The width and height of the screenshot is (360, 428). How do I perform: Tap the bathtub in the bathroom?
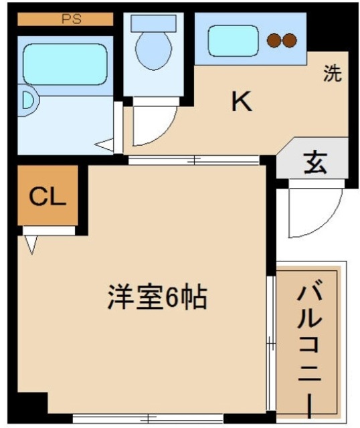pyautogui.click(x=65, y=64)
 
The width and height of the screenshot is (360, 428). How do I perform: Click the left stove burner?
pyautogui.click(x=273, y=40)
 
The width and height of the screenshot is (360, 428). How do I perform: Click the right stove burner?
pyautogui.click(x=289, y=40)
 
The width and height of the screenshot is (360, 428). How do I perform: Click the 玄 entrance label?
pyautogui.click(x=314, y=162)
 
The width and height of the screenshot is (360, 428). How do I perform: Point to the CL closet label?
pyautogui.click(x=47, y=197)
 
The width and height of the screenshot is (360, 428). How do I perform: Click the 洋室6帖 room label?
pyautogui.click(x=157, y=297)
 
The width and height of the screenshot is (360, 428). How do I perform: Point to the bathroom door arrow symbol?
pyautogui.click(x=104, y=143)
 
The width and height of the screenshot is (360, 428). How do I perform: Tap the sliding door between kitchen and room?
pyautogui.click(x=193, y=160)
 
